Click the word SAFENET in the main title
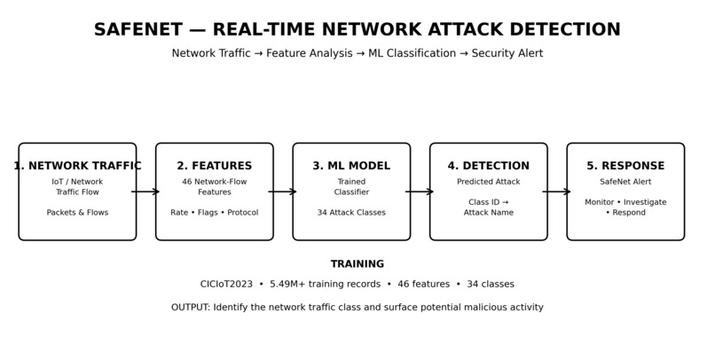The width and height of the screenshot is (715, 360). point(138,29)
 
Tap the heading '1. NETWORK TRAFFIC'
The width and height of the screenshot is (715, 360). point(77,166)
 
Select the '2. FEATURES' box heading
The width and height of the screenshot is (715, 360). point(215,166)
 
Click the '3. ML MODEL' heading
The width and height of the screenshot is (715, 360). point(351,166)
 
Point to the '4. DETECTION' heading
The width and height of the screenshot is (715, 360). point(489,166)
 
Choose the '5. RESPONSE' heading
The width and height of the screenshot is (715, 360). point(625,166)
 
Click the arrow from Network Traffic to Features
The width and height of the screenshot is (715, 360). point(145,192)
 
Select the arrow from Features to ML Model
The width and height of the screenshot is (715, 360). point(283,192)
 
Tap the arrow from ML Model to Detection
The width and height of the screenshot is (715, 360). point(420,192)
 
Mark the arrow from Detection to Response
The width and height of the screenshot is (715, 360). point(557,192)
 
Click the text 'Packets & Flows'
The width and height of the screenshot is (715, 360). point(77,212)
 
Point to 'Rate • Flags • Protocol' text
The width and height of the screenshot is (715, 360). point(215,212)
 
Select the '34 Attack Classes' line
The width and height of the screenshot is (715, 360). point(351,212)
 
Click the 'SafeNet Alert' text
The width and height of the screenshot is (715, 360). point(625,182)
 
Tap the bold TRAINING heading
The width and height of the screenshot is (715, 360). point(357,264)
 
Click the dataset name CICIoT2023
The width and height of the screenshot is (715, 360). point(226,285)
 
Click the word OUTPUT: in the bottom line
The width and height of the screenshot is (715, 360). point(191,308)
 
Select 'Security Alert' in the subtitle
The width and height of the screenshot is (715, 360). point(507,54)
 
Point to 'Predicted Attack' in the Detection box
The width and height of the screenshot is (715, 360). point(489,182)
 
